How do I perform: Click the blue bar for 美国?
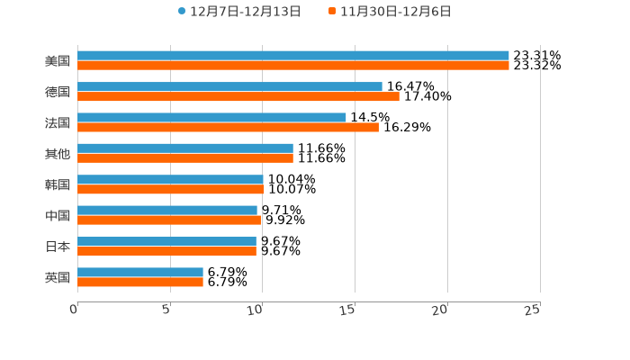click(x=292, y=56)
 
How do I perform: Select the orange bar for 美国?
click(x=292, y=66)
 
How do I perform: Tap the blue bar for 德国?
click(x=229, y=86)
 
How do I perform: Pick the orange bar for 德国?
click(x=238, y=96)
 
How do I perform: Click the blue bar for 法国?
click(x=211, y=117)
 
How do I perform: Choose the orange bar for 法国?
click(x=228, y=127)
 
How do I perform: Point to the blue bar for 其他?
click(x=185, y=148)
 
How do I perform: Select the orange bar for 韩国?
click(x=171, y=189)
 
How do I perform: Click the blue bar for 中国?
click(x=167, y=210)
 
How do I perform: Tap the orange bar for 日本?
click(x=166, y=251)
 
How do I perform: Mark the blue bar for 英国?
click(x=140, y=272)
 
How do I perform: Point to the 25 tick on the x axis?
click(x=533, y=310)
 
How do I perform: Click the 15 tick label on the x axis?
click(x=348, y=310)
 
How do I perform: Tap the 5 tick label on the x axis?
click(x=166, y=310)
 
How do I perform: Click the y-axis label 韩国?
click(x=58, y=184)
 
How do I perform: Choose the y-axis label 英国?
click(x=58, y=277)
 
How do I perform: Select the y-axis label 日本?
click(x=58, y=247)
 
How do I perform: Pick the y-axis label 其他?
click(x=58, y=153)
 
